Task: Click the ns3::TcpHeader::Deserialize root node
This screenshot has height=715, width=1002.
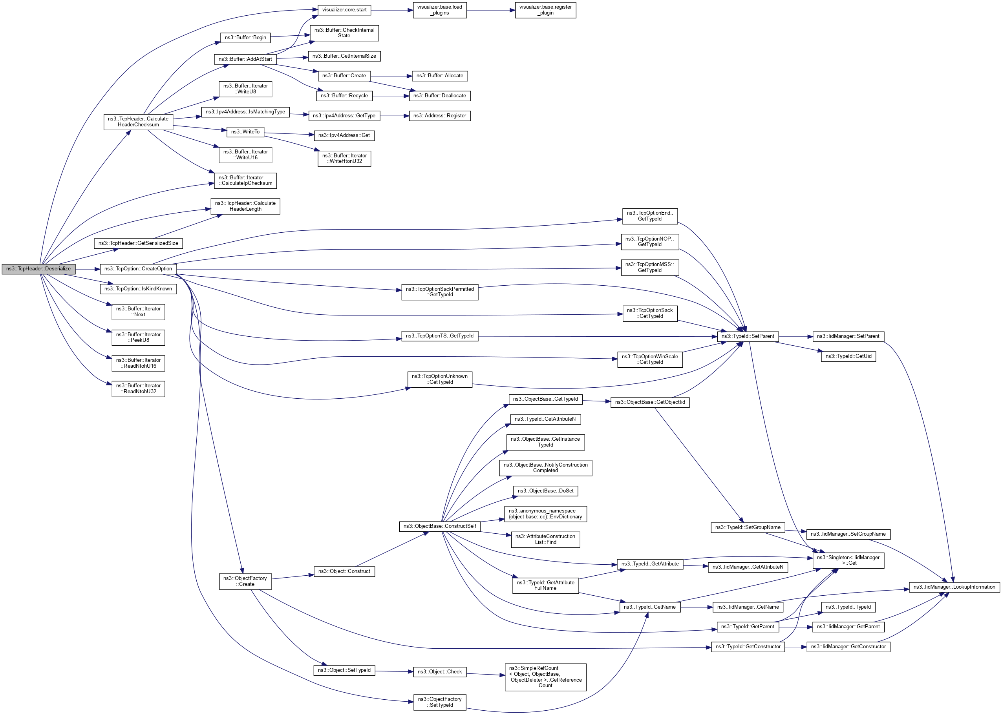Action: coord(38,268)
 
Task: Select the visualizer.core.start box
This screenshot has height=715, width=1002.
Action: coord(344,10)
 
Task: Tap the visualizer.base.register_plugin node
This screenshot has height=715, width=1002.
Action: coord(545,10)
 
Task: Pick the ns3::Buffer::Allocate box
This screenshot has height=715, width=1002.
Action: coord(440,76)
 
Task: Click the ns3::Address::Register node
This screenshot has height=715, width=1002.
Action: coord(440,116)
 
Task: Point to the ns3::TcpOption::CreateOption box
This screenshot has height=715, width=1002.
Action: coord(138,268)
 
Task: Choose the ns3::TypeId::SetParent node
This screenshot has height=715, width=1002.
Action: coord(748,336)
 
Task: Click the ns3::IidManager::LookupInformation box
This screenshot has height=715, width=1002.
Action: coord(954,587)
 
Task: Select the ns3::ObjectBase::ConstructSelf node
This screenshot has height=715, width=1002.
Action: coord(440,526)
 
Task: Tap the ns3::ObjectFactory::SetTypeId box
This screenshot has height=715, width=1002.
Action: coord(440,702)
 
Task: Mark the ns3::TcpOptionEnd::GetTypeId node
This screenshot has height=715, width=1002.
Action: coord(650,216)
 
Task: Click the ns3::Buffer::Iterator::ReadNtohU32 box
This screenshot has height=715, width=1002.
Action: coord(138,389)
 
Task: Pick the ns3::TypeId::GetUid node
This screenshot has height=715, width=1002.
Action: coord(848,356)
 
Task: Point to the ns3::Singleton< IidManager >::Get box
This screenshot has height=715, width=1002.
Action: coord(848,560)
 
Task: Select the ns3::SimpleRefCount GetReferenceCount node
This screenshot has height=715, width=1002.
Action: coord(545,677)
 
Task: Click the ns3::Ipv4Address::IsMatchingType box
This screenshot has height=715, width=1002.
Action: coord(245,112)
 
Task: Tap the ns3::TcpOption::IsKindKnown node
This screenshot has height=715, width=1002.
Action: coord(138,289)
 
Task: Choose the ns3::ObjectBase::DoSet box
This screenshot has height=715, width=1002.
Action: coord(545,491)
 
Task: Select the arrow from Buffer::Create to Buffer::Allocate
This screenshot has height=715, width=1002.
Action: coord(391,76)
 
